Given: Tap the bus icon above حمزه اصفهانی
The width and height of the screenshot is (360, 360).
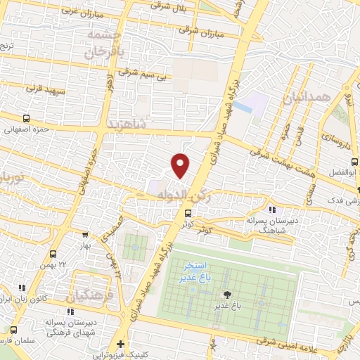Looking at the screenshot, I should (27, 119).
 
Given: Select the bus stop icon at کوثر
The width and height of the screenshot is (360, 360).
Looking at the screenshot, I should (188, 214).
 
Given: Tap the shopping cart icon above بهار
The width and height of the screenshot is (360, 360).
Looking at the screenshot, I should (86, 235).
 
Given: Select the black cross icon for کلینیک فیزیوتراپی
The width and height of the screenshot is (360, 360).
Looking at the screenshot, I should (121, 344).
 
